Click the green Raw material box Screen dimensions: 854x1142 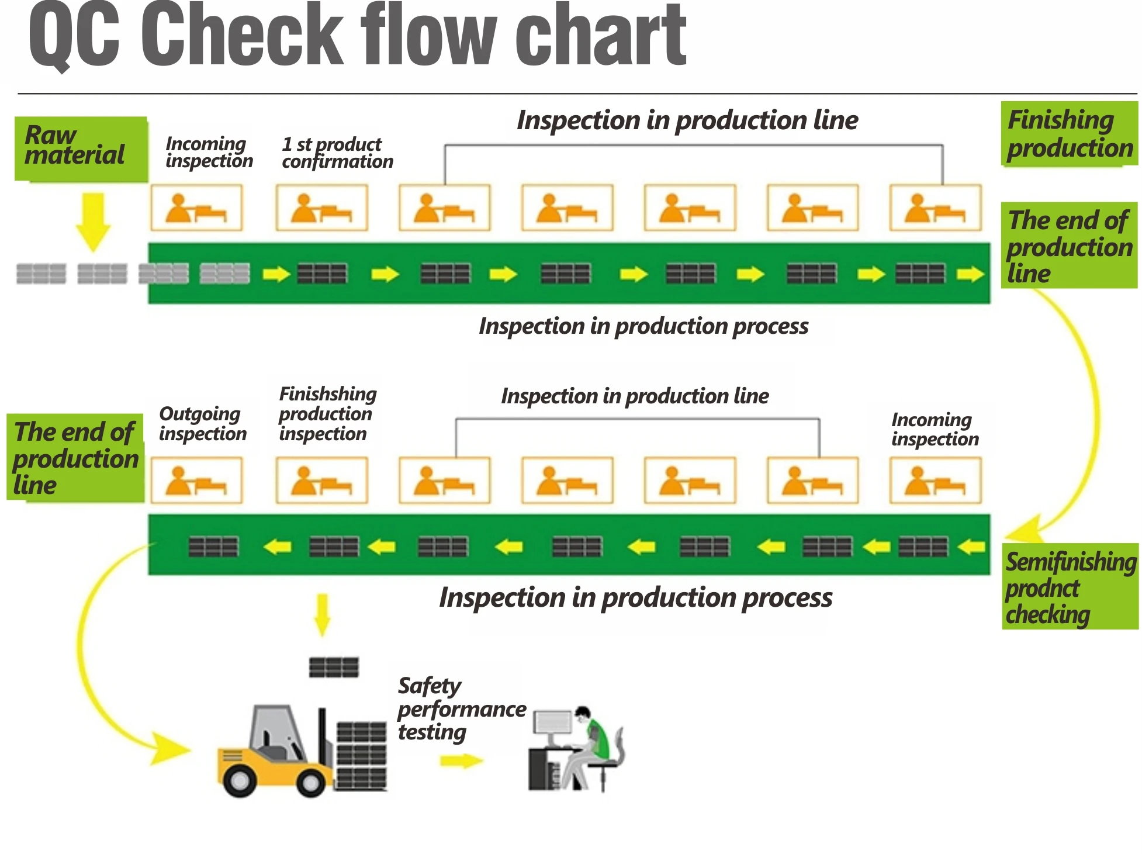(81, 148)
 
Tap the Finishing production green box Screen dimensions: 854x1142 (1069, 134)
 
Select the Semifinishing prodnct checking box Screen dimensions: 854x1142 (1070, 587)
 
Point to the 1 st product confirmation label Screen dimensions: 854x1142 (337, 153)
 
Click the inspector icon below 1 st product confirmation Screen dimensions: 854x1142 (321, 208)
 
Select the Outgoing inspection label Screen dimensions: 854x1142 (202, 424)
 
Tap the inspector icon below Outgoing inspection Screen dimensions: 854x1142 (196, 480)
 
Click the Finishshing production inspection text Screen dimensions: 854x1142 (327, 414)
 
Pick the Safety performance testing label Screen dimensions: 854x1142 (461, 708)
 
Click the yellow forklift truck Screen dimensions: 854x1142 (275, 751)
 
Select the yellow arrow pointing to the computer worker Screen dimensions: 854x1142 (461, 761)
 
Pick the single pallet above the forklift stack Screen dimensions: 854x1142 (334, 667)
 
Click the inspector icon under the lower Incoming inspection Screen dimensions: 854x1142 (935, 480)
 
